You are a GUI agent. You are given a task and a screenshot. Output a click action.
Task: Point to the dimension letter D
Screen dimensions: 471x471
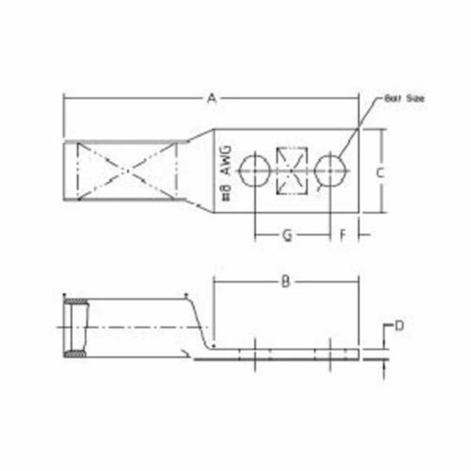398,325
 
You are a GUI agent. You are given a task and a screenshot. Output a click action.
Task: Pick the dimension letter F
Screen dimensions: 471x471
343,234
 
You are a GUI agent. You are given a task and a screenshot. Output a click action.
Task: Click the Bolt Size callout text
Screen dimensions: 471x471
404,98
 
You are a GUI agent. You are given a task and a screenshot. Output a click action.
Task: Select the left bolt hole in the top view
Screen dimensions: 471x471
254,170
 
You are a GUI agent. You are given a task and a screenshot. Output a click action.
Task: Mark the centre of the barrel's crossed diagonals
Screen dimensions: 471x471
125,171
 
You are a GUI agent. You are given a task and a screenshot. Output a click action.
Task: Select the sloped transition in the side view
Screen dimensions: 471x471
201,325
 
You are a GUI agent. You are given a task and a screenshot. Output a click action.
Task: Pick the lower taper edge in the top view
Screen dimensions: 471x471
198,206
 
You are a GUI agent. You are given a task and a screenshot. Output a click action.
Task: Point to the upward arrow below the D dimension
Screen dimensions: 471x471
385,372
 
